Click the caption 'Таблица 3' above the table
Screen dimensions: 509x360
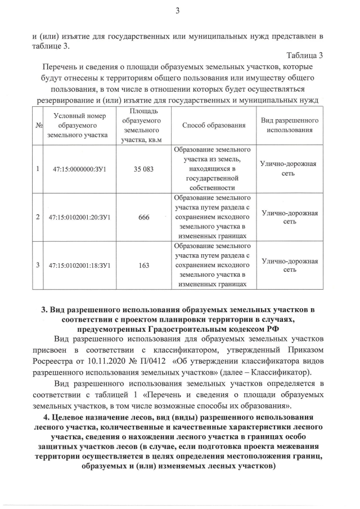pyautogui.click(x=305, y=55)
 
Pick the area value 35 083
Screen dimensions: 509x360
pyautogui.click(x=143, y=169)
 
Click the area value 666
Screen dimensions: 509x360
pyautogui.click(x=143, y=217)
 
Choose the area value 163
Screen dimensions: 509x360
pyautogui.click(x=143, y=265)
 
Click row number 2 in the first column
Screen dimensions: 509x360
pyautogui.click(x=38, y=217)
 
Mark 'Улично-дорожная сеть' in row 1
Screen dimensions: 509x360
pyautogui.click(x=290, y=169)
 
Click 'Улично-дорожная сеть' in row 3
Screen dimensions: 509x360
pyautogui.click(x=290, y=265)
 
